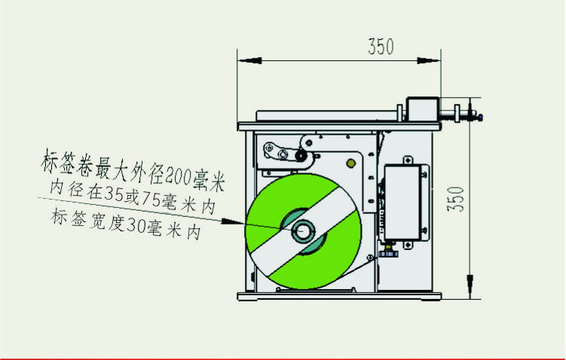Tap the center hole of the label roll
click(304, 231)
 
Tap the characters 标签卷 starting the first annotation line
click(65, 160)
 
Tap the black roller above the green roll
click(301, 156)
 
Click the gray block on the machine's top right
click(420, 108)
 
